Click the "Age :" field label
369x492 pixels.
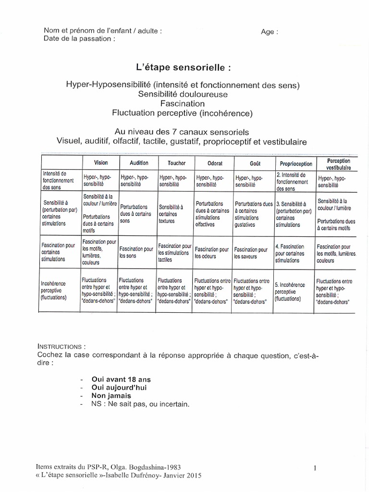point(269,32)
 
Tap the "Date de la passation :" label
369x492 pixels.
point(79,39)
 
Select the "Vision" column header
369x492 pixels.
point(101,163)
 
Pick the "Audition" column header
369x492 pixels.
point(139,163)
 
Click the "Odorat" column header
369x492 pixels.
point(214,163)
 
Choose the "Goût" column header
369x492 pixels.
point(252,163)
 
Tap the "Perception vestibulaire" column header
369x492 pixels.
point(338,164)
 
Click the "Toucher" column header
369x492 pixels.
point(176,163)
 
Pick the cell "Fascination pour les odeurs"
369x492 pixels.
point(211,253)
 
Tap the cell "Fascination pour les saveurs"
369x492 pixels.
point(251,253)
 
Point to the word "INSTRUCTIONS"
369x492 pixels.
point(61,346)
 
